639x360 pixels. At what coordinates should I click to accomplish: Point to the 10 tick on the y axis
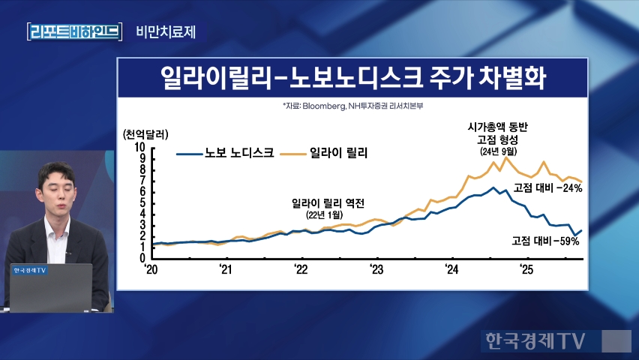coord(140,148)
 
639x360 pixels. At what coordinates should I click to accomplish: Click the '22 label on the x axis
coord(300,270)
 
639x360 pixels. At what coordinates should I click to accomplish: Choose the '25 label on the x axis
coord(526,270)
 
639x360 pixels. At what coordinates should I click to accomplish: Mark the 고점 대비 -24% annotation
coord(547,187)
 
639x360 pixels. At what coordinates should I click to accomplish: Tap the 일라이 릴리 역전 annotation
coord(328,202)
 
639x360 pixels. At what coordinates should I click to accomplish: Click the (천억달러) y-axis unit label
coord(145,134)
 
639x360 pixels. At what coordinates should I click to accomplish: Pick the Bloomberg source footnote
coord(353,106)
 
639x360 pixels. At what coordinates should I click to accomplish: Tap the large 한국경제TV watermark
coord(533,340)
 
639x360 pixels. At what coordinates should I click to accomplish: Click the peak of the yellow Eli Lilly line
coord(505,157)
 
